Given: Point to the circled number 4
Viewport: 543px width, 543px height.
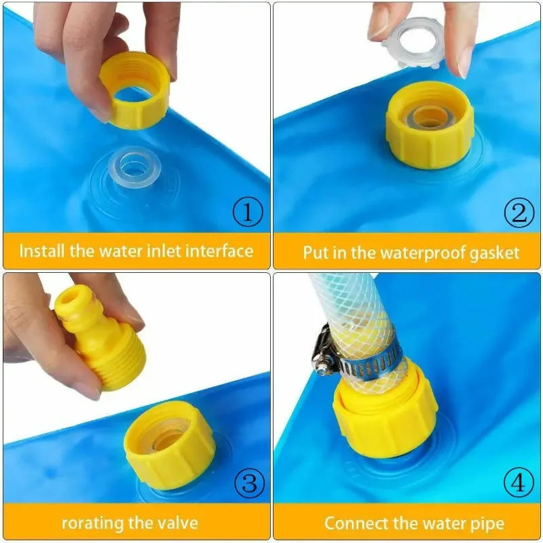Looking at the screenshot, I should pos(518,484).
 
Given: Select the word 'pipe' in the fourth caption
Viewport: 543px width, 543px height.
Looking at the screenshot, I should pos(487,523).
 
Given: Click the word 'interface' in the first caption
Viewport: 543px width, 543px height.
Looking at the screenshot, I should pos(219,251).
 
